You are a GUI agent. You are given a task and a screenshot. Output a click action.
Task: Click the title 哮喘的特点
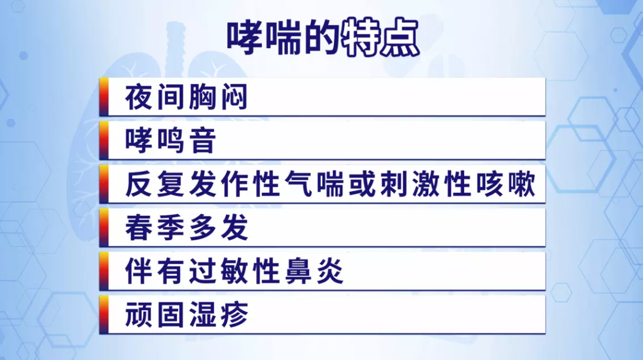tap(323, 37)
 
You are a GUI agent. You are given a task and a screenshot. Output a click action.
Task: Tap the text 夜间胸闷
tap(186, 97)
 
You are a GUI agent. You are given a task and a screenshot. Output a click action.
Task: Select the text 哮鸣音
tap(170, 140)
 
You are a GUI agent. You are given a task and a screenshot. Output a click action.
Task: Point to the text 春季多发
tap(186, 227)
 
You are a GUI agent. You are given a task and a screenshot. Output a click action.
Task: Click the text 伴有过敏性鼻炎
tap(234, 271)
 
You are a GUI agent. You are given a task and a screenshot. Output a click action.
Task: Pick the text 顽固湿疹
tap(186, 315)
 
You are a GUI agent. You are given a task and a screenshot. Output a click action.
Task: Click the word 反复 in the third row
tap(155, 184)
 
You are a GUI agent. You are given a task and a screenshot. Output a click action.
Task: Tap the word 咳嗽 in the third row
tap(506, 184)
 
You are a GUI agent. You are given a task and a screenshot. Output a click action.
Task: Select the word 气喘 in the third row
tap(314, 184)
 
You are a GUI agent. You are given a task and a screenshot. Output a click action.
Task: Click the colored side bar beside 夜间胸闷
tap(104, 97)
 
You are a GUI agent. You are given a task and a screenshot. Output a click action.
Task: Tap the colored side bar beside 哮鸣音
tap(104, 140)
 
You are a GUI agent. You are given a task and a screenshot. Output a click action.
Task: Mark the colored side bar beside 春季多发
tap(104, 227)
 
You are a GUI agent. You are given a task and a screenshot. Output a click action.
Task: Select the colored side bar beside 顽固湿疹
tap(104, 315)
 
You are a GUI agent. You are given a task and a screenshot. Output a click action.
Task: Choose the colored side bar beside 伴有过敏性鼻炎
tap(104, 271)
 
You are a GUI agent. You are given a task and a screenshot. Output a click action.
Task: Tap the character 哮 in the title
tap(245, 37)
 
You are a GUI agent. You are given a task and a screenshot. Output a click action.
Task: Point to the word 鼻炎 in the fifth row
tap(314, 271)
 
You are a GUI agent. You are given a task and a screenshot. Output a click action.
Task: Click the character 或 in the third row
tap(363, 184)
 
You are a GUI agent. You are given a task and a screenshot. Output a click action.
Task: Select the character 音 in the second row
tap(202, 140)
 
